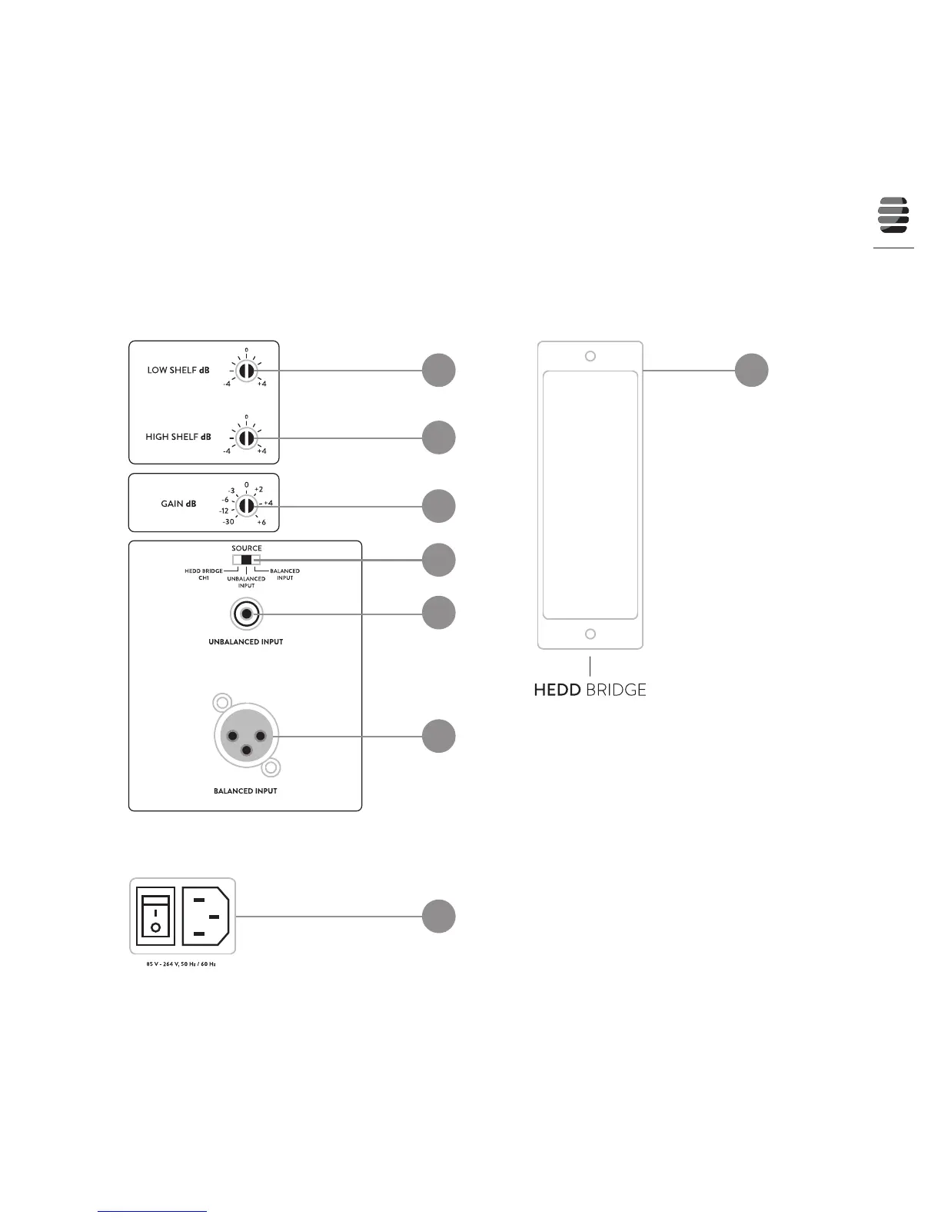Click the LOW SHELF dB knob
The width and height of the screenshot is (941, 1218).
[246, 371]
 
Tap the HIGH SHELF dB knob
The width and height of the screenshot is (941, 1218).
[246, 438]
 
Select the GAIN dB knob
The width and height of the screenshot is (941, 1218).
[246, 505]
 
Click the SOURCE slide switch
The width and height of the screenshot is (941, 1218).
[246, 560]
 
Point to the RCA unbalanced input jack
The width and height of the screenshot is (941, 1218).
[246, 614]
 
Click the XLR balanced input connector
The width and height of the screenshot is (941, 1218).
[246, 736]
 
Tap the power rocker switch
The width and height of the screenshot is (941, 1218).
[155, 917]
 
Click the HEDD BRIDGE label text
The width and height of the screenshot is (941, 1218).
[590, 690]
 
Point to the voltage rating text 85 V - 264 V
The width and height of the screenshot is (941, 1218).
[181, 963]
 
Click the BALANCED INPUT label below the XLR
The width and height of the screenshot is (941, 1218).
[245, 790]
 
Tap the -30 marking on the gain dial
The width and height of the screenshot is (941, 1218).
[228, 522]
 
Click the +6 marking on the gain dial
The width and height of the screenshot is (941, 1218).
[261, 522]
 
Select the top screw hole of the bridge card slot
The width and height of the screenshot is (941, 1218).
[590, 356]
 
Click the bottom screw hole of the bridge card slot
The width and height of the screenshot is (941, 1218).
[590, 634]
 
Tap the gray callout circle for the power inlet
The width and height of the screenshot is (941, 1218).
[438, 917]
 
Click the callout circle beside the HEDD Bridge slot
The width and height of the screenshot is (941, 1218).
[751, 370]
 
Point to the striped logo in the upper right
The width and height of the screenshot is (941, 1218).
[893, 215]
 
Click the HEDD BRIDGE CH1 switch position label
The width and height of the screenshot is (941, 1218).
[204, 574]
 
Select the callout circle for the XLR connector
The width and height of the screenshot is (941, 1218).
[438, 736]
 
